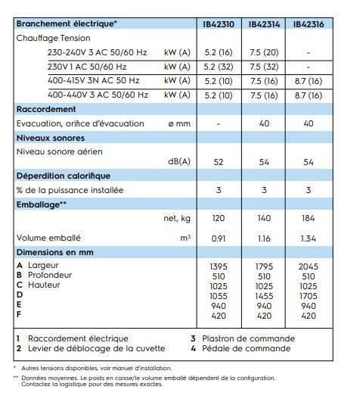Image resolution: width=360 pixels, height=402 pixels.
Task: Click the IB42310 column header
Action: tap(219, 23)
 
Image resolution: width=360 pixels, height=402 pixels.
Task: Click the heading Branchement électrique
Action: tap(67, 23)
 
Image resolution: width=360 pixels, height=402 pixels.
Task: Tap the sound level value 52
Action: tap(219, 161)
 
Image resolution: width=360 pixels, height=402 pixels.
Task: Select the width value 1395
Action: tap(219, 266)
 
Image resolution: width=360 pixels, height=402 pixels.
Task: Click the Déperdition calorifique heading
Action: tap(64, 176)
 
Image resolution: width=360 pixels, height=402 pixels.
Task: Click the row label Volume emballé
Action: tap(49, 238)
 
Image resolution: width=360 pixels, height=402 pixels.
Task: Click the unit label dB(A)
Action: tap(178, 161)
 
